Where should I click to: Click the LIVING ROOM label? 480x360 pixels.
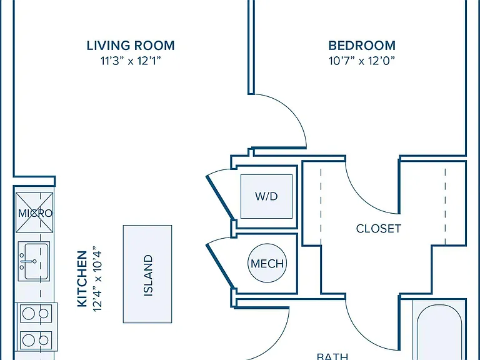131,46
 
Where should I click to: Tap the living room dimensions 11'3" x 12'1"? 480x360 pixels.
131,61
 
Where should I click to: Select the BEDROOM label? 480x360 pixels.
362,46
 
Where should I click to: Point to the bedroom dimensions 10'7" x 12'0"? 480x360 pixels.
362,61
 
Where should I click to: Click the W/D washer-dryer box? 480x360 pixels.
266,196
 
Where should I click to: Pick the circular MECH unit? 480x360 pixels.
267,263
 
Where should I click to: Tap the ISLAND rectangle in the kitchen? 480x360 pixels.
147,274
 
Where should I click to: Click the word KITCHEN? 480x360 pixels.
82,279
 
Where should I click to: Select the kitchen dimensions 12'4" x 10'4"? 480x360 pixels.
97,279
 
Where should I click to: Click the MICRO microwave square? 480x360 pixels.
34,212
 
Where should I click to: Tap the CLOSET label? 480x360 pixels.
379,229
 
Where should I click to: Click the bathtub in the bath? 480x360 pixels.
439,330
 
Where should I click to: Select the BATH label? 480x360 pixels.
332,357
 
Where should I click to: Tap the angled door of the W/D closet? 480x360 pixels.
221,197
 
